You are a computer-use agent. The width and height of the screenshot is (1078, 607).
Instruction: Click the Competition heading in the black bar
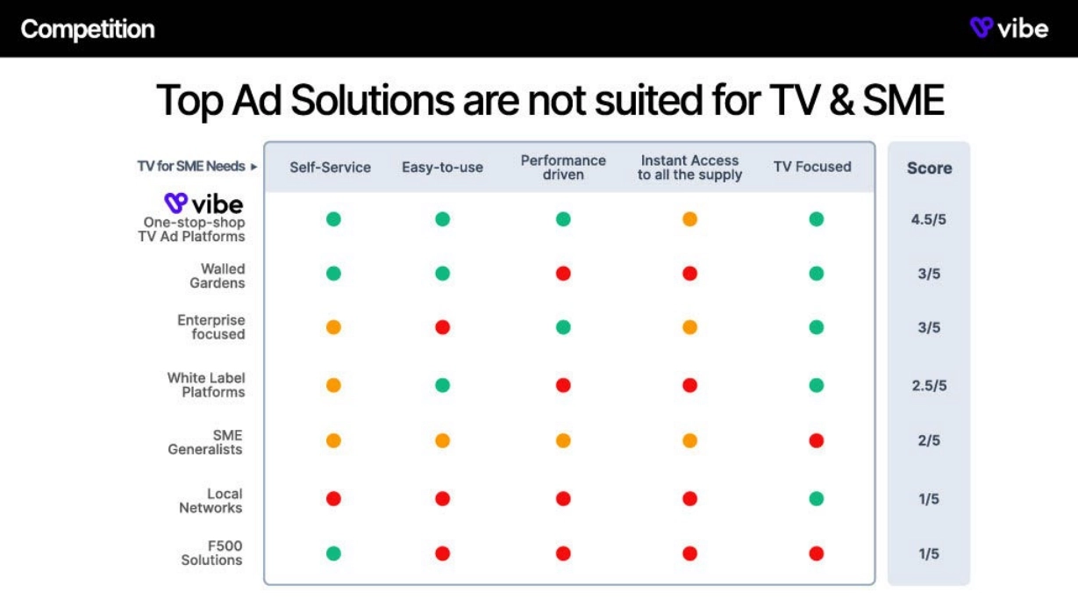click(x=88, y=29)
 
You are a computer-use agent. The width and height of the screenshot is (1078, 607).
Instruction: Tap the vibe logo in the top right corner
click(x=1010, y=28)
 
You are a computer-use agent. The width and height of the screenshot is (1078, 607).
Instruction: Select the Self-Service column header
click(x=330, y=167)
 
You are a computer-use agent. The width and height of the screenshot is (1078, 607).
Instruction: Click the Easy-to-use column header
click(x=442, y=167)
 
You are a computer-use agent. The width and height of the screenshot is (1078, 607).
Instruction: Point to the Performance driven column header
click(x=563, y=167)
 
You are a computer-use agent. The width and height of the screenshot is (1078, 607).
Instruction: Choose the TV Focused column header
click(x=812, y=167)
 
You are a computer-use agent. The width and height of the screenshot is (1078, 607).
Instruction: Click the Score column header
click(x=929, y=168)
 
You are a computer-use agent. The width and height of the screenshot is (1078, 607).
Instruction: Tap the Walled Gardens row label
click(x=217, y=275)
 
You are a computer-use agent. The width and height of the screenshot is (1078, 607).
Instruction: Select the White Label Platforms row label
click(x=206, y=385)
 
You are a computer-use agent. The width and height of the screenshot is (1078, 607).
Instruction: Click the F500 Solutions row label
click(x=211, y=553)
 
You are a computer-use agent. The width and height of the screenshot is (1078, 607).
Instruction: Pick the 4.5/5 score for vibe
click(x=929, y=219)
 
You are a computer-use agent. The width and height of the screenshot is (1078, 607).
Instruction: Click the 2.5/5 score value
click(x=929, y=386)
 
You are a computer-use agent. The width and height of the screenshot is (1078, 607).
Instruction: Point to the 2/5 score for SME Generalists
click(x=929, y=440)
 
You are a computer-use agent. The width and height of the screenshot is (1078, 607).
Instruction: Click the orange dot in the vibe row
click(x=689, y=219)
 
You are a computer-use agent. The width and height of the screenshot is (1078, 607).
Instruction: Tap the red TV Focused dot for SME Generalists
click(x=817, y=440)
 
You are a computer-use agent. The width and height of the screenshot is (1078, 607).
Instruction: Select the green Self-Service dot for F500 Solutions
click(x=333, y=553)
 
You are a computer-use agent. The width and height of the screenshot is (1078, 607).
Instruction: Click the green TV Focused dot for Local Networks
click(x=817, y=499)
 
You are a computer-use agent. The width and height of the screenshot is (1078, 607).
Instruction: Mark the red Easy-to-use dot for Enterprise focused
click(x=442, y=327)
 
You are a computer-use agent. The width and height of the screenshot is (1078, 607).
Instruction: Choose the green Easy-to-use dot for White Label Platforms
click(x=442, y=385)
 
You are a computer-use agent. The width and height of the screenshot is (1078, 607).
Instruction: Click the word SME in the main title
click(x=903, y=100)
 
